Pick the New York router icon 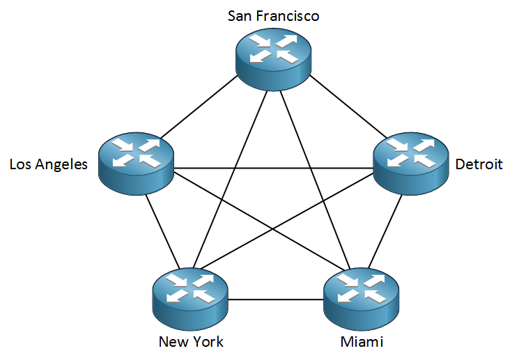pyautogui.click(x=189, y=297)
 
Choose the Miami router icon pyautogui.click(x=360, y=297)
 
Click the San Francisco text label pyautogui.click(x=273, y=15)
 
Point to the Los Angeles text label pyautogui.click(x=48, y=165)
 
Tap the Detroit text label pyautogui.click(x=479, y=165)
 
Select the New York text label pyautogui.click(x=191, y=342)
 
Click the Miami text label pyautogui.click(x=362, y=342)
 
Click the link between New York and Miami pyautogui.click(x=275, y=300)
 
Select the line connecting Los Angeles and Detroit pyautogui.click(x=273, y=168)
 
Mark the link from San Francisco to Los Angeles pyautogui.click(x=199, y=108)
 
